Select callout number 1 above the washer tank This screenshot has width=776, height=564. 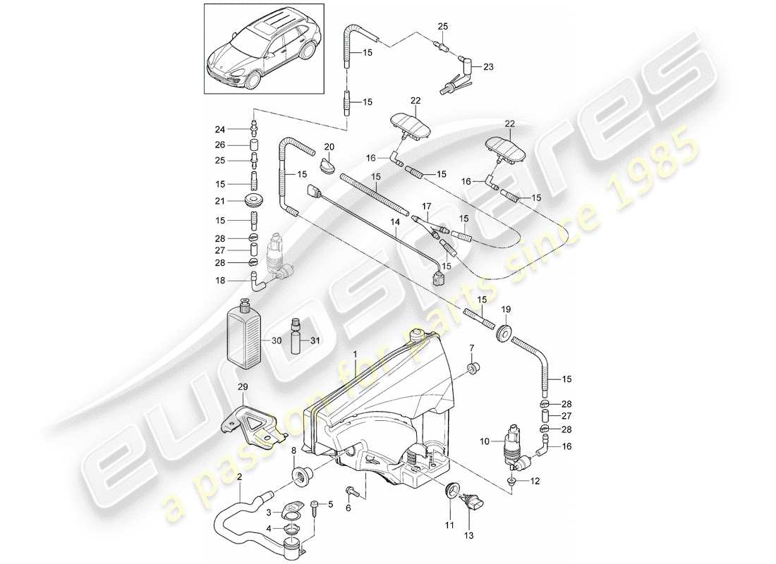coord(355,352)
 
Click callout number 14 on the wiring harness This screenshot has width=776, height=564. coord(396,221)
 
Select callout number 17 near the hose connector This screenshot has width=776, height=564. coord(426,207)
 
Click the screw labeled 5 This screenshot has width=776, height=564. coord(315,504)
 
